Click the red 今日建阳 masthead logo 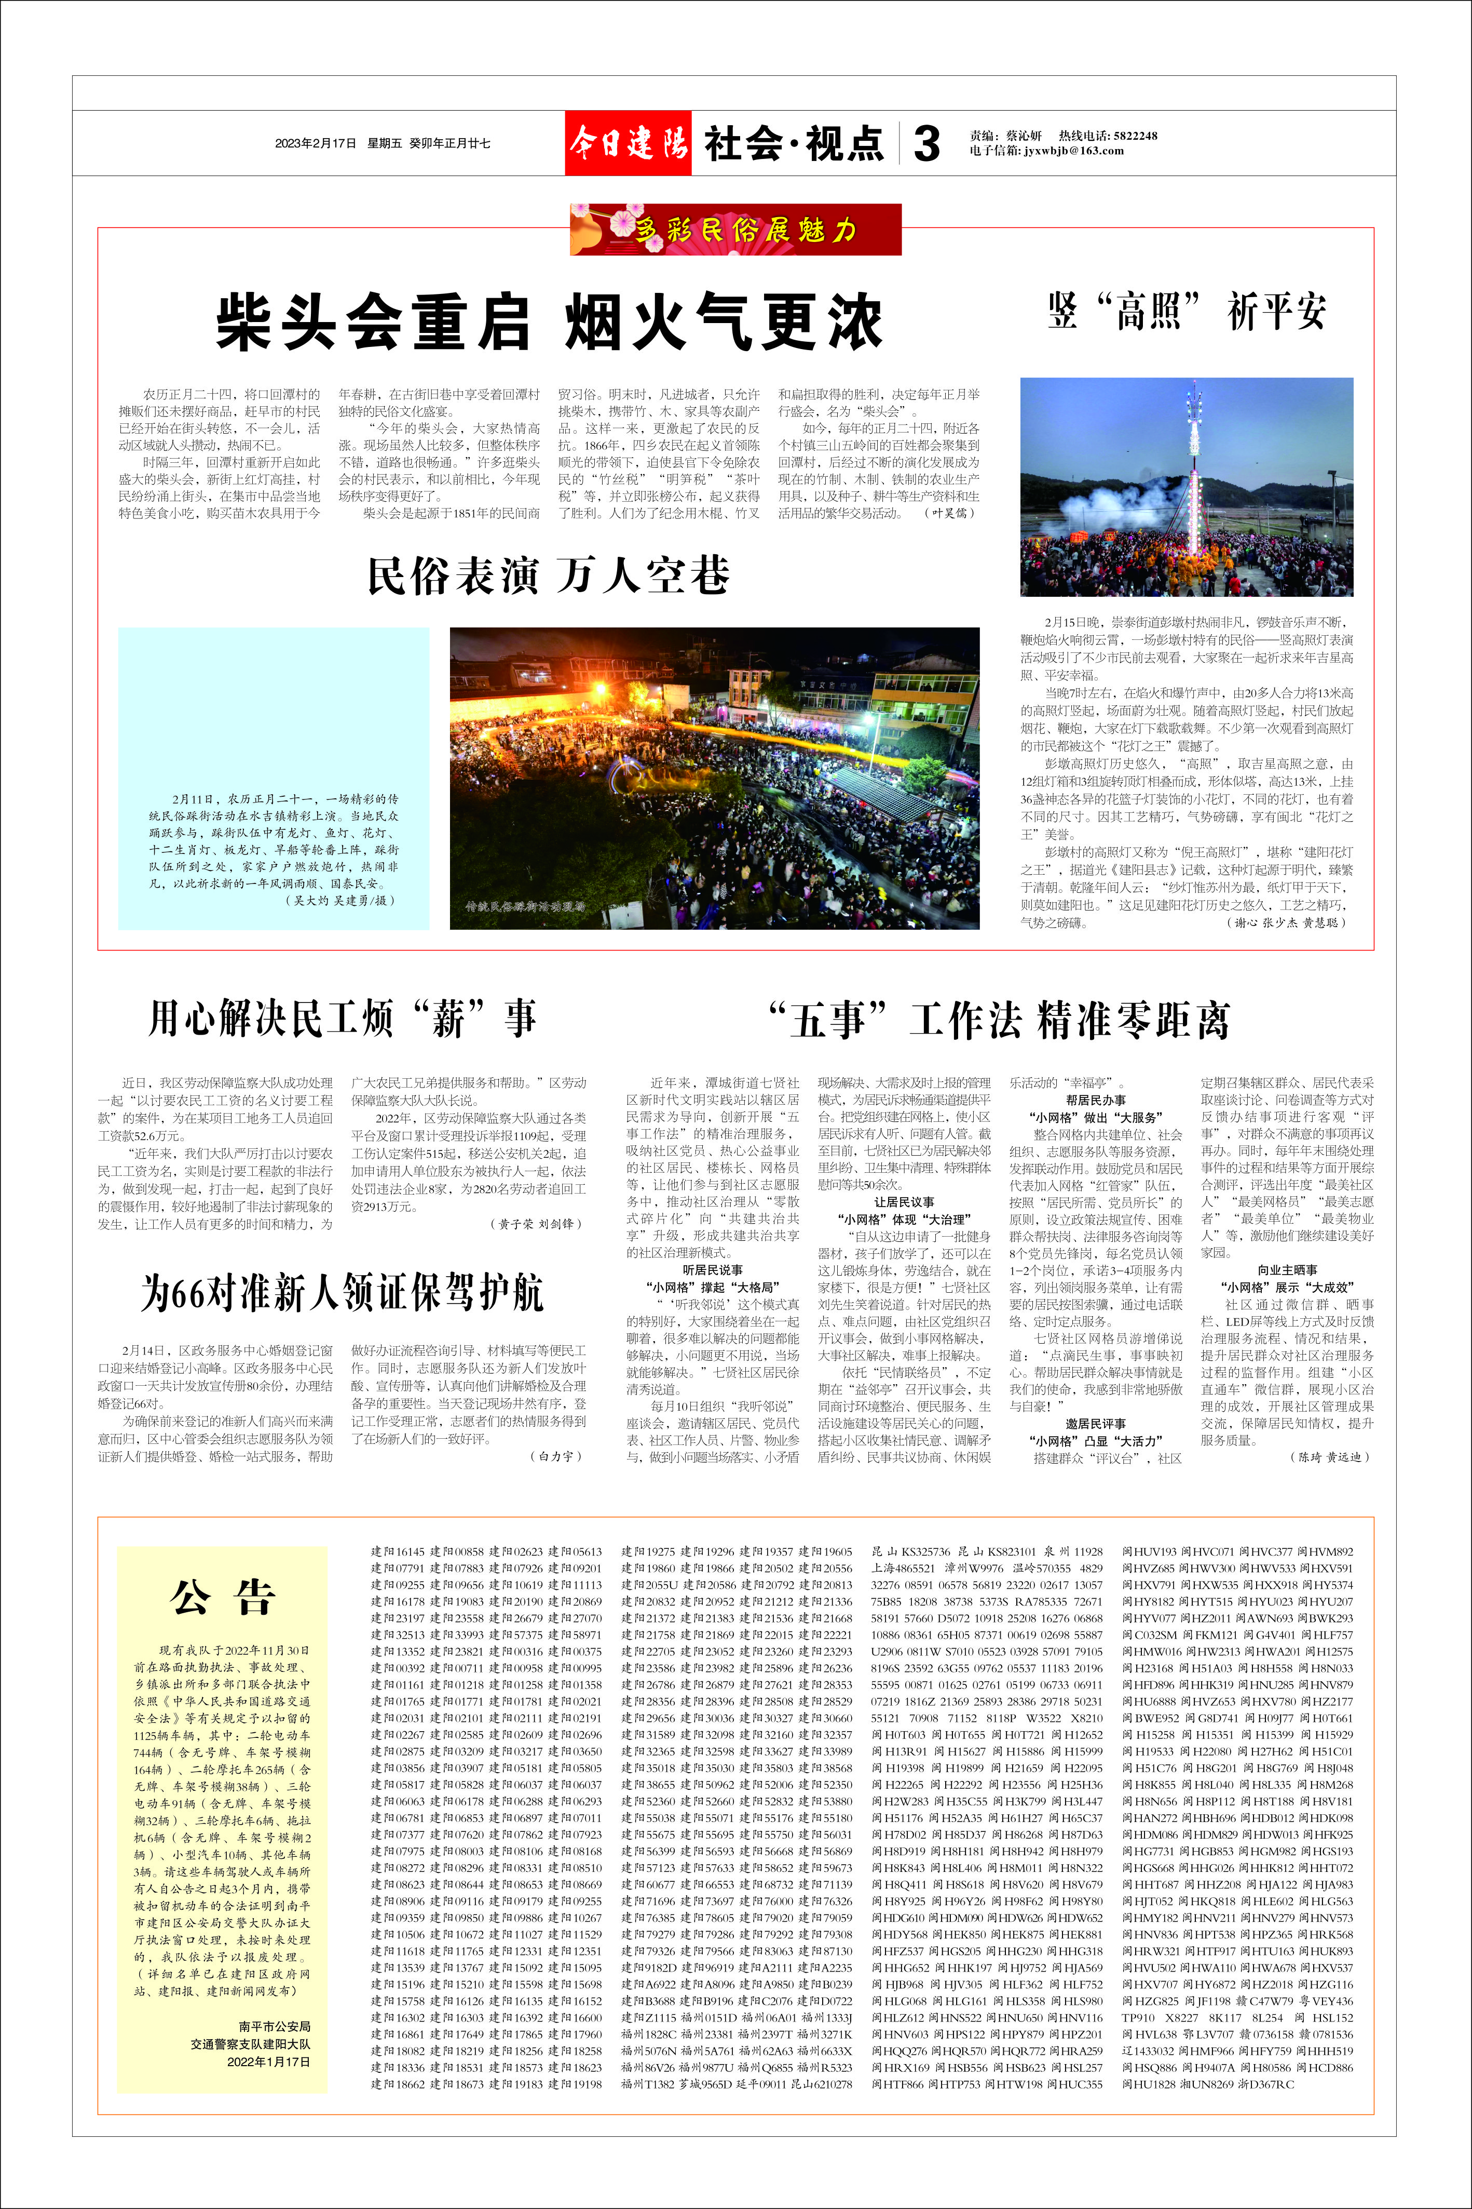pyautogui.click(x=627, y=143)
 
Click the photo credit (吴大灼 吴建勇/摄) pyautogui.click(x=340, y=900)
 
